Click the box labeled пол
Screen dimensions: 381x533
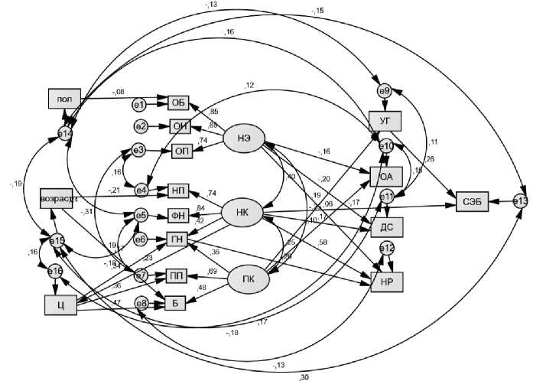[x=65, y=99]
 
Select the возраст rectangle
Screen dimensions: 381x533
[x=60, y=200]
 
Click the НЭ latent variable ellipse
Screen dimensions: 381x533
[x=249, y=138]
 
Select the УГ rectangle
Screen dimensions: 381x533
[x=385, y=121]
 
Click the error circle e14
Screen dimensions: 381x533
[x=65, y=133]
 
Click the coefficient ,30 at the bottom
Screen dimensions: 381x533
[x=304, y=376]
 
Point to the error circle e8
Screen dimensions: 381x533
[x=141, y=303]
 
